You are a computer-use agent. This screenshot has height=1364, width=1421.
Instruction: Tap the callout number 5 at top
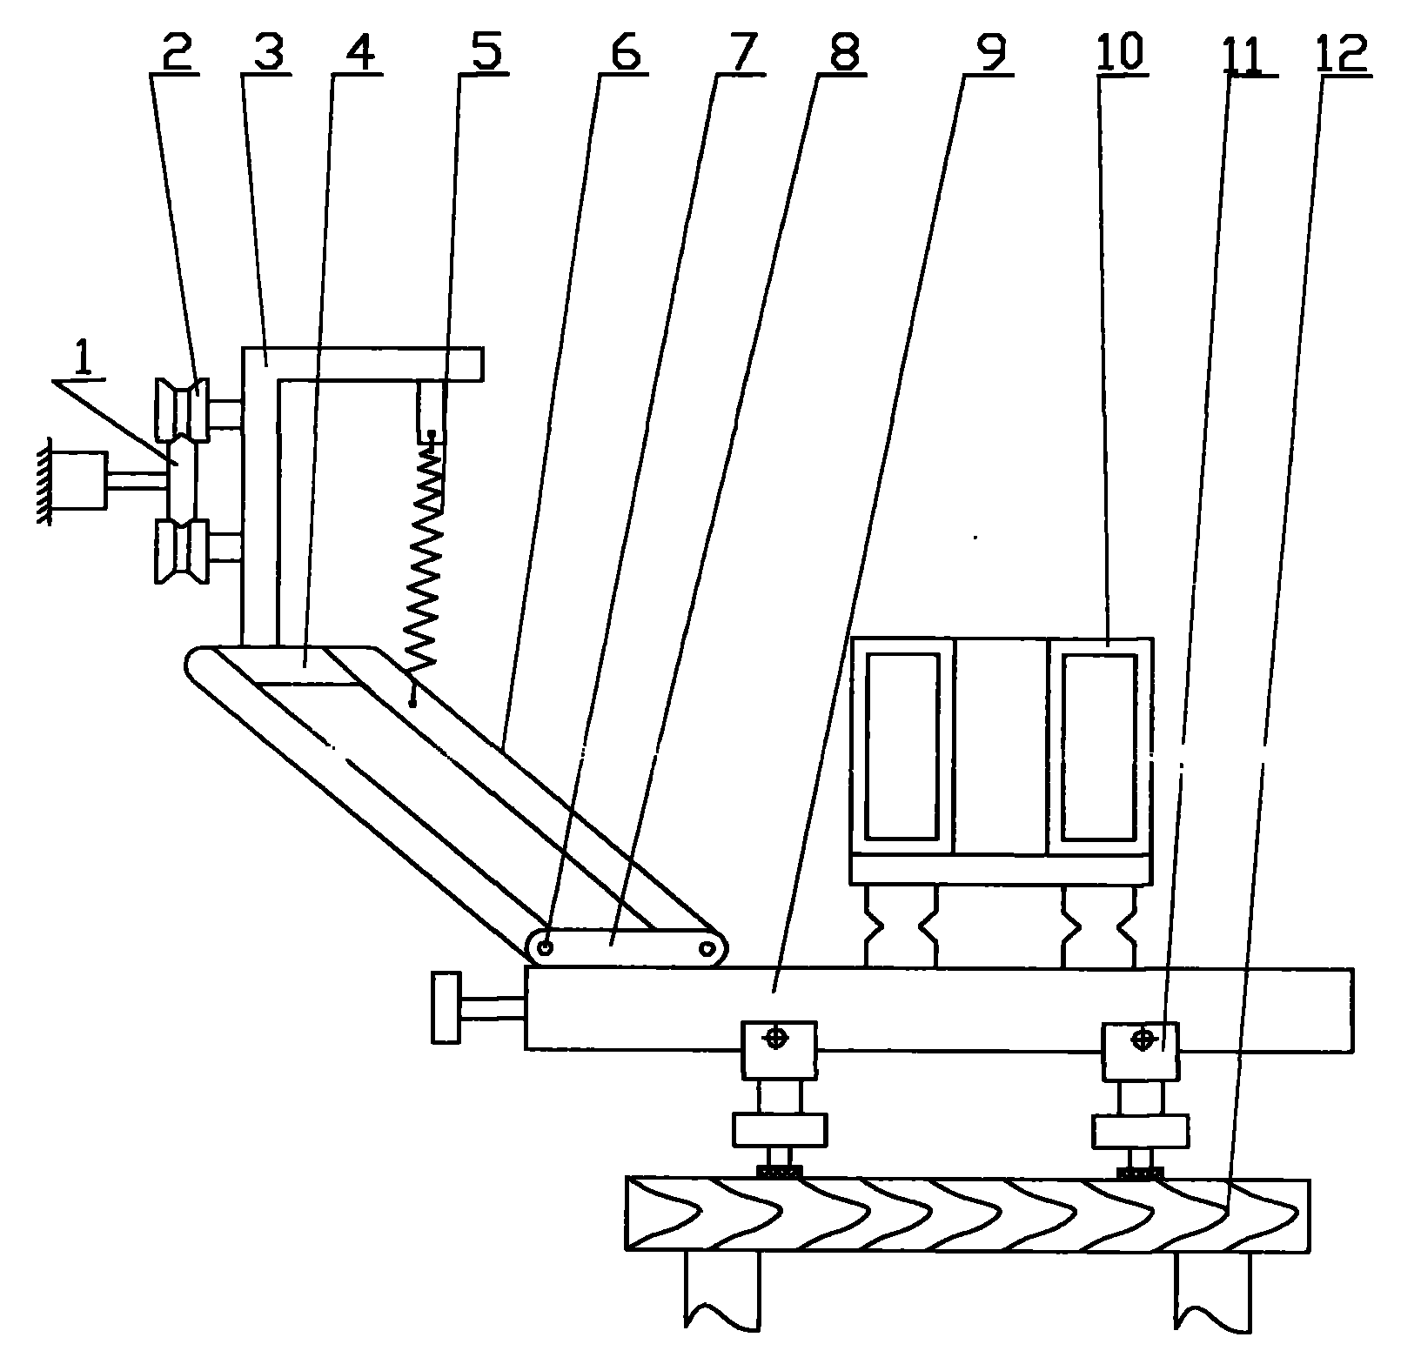[485, 52]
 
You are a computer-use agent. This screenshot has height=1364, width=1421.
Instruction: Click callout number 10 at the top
[1122, 52]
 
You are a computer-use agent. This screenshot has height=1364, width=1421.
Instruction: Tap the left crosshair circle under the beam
[777, 1038]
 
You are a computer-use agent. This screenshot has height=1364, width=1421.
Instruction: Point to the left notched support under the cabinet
[902, 926]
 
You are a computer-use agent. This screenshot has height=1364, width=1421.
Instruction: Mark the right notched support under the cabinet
[1098, 926]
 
